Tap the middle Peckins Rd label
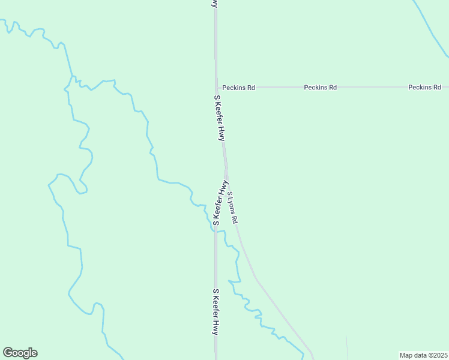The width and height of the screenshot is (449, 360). point(321,87)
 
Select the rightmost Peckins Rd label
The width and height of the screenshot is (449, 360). point(424,87)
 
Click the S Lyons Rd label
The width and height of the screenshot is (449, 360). point(233,208)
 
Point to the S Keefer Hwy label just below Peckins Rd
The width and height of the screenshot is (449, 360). point(220,118)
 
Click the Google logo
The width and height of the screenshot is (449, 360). point(20,353)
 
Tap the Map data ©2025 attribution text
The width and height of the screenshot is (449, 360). point(423,355)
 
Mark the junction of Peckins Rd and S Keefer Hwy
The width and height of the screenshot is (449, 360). point(216,87)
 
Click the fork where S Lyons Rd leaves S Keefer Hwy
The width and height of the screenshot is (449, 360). point(226,174)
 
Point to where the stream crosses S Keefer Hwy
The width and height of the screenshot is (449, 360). point(216,229)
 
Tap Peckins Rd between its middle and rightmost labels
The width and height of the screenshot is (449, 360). point(372,87)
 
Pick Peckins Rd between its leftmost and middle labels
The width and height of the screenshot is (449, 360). point(279,87)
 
